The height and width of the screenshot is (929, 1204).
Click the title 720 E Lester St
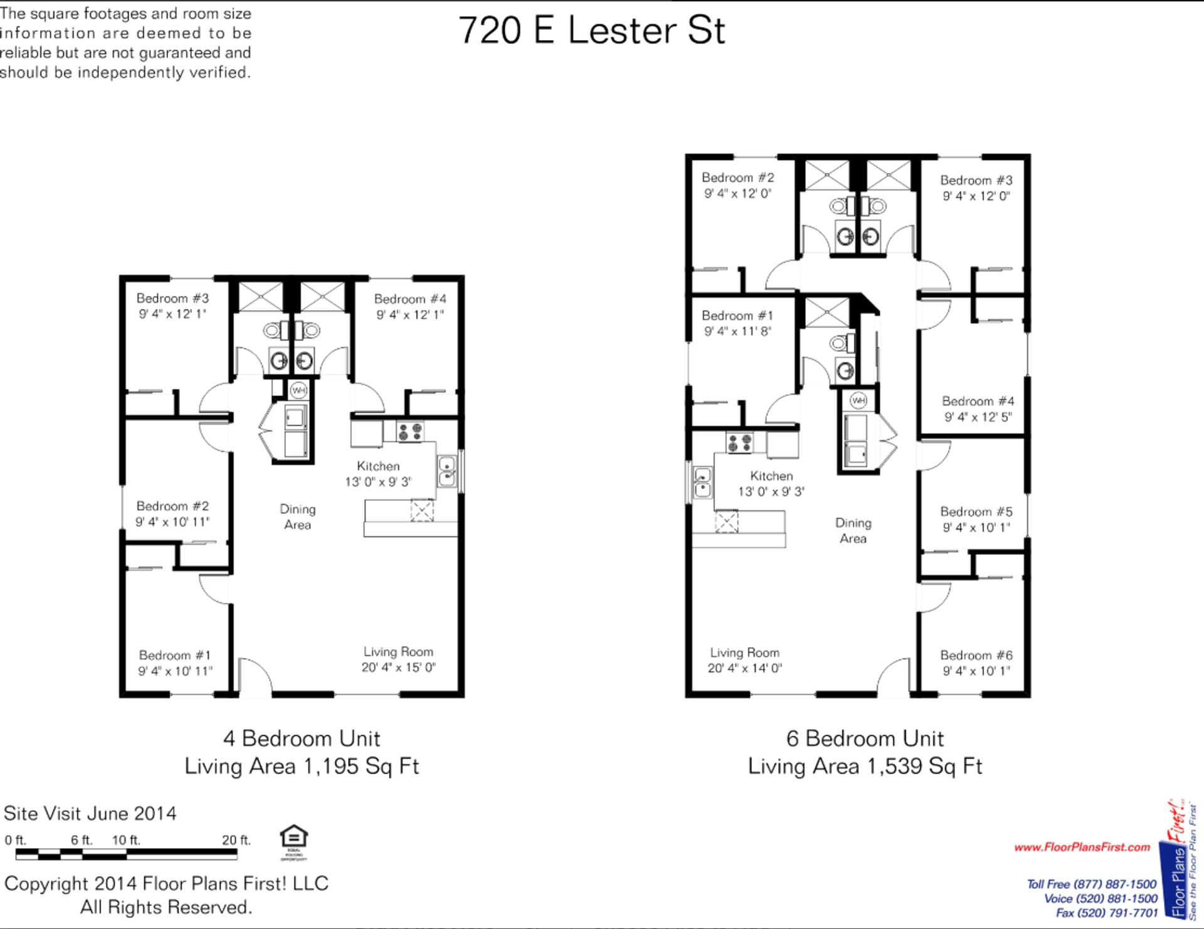point(591,30)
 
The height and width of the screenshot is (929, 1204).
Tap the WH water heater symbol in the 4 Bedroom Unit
point(299,391)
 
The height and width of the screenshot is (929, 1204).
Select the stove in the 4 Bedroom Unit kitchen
point(410,432)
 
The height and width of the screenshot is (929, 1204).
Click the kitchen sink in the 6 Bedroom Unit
point(702,483)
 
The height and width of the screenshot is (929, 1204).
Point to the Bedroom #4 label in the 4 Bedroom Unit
point(410,299)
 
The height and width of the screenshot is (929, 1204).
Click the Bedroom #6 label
point(976,656)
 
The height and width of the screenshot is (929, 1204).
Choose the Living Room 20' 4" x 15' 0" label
point(398,660)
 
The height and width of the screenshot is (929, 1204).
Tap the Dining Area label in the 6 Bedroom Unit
point(853,530)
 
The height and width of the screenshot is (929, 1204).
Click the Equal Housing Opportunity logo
point(293,842)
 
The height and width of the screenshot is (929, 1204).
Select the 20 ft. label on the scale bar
point(236,840)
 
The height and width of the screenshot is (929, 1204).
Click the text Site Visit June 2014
point(90,814)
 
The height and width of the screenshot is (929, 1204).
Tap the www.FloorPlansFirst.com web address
point(1082,848)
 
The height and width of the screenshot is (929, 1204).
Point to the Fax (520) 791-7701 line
point(1107,913)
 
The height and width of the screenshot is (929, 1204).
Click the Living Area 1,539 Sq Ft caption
point(865,767)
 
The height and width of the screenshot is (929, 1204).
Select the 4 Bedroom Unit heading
point(302,738)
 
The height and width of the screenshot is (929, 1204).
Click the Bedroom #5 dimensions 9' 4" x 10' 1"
point(976,528)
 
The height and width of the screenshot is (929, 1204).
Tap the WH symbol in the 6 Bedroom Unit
point(858,400)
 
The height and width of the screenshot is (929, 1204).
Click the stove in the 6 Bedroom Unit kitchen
point(739,443)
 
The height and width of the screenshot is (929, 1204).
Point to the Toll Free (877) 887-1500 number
point(1092,884)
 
